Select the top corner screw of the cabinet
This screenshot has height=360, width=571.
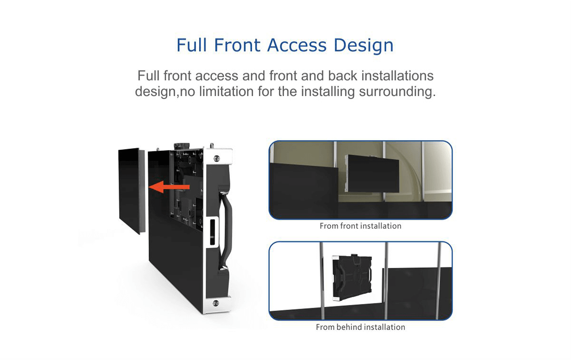point(217,158)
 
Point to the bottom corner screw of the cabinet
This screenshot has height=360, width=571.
point(217,302)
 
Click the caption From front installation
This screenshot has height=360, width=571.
point(360,226)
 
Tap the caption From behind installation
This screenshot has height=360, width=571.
point(360,327)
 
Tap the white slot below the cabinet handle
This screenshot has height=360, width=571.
point(211,232)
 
